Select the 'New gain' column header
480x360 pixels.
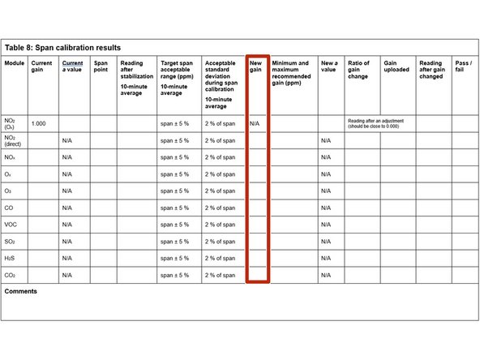[255, 67]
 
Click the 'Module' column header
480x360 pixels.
[14, 63]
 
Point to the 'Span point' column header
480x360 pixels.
[101, 67]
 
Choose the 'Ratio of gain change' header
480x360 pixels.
[358, 67]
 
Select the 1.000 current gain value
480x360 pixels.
[38, 124]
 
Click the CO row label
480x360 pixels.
[11, 208]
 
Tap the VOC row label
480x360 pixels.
[12, 225]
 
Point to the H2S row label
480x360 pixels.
[11, 259]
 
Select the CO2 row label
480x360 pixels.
[11, 276]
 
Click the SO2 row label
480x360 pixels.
[11, 242]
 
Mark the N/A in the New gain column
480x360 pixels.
[255, 124]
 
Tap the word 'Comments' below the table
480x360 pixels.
[21, 291]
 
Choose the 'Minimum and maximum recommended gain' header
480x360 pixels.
[290, 71]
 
